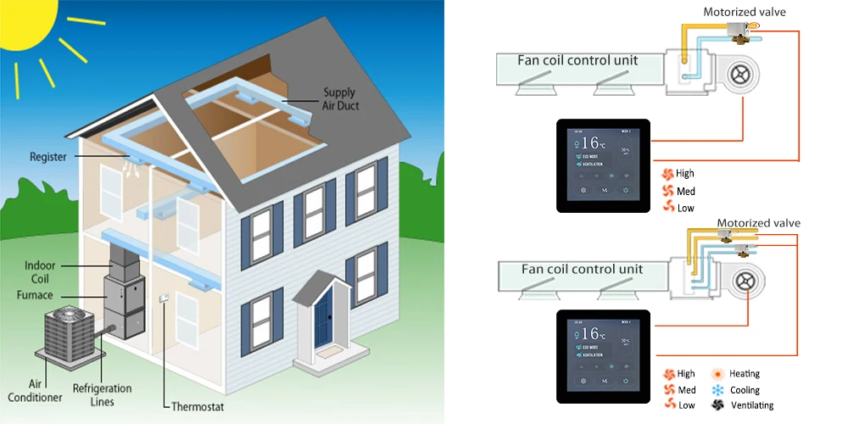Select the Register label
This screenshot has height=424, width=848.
[48, 157]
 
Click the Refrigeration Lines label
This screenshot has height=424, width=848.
[101, 395]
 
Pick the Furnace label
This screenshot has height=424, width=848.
[35, 294]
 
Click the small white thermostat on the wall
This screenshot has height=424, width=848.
[164, 298]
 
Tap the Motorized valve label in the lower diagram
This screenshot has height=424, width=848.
[758, 223]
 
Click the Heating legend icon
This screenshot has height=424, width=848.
[717, 374]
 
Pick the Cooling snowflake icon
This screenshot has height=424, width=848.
[717, 390]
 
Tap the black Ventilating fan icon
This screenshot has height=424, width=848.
[717, 406]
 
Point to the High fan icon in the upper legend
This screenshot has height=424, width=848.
[668, 174]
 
